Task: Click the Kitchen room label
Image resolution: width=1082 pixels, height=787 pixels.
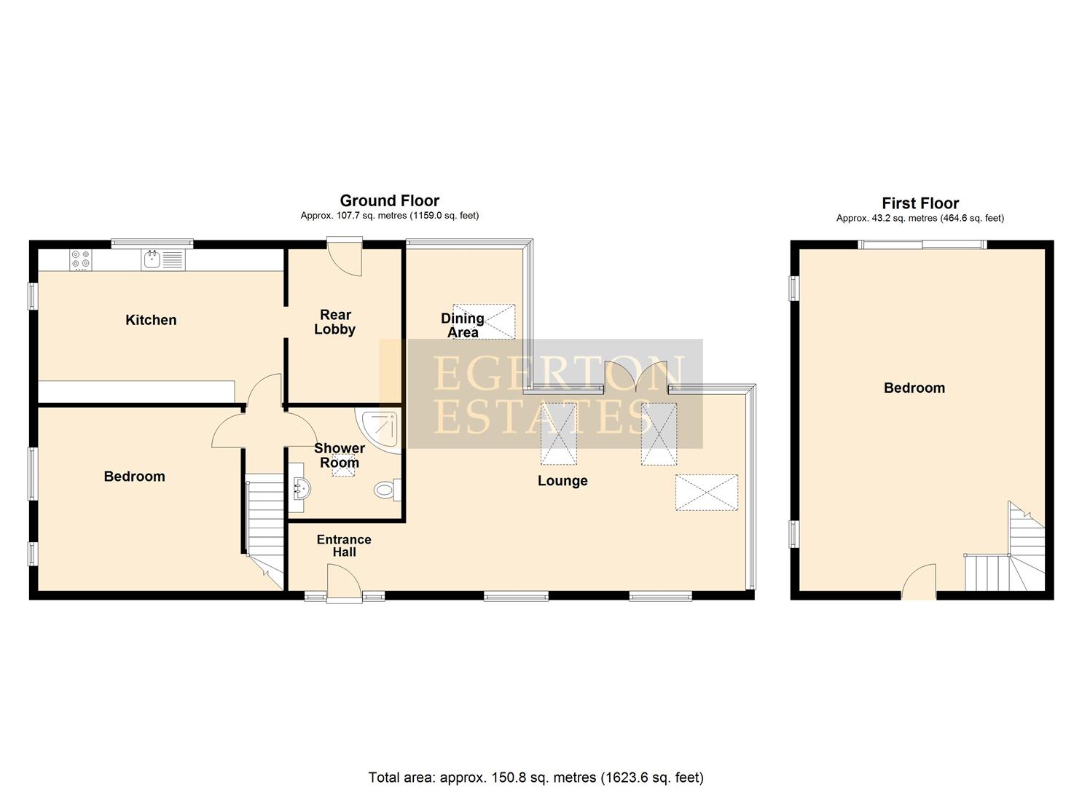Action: [x=151, y=320]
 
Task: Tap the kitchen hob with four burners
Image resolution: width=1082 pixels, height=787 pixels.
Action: [x=81, y=259]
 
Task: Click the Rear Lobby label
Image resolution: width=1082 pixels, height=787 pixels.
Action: [x=335, y=322]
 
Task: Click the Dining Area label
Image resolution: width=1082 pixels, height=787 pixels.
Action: [x=462, y=325]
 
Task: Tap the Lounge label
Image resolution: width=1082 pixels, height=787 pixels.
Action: [x=562, y=481]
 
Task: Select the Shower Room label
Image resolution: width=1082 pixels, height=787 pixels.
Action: [x=340, y=455]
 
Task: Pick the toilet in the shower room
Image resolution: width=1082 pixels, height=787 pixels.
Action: [x=387, y=490]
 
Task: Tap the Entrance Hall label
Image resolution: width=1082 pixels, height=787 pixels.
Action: [x=344, y=546]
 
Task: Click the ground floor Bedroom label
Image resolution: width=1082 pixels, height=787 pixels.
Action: [x=134, y=477]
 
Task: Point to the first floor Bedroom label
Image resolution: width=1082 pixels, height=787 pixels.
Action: [x=914, y=388]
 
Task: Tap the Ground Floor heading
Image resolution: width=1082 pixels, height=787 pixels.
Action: [x=390, y=200]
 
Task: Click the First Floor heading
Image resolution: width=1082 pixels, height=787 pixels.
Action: [x=920, y=203]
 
